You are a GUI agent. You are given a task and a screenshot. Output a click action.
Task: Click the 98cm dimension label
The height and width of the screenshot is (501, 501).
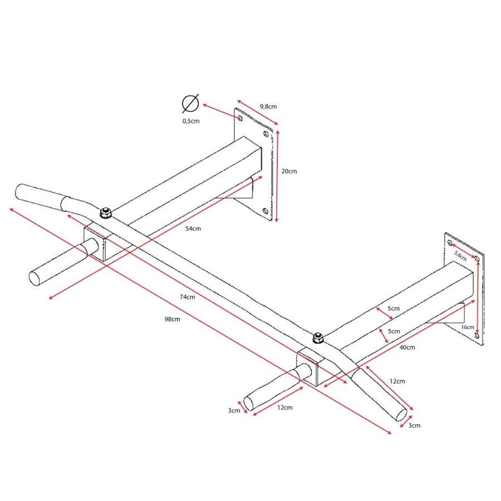pos(172,319)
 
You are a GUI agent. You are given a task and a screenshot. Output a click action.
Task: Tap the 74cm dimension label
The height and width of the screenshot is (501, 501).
pos(187,297)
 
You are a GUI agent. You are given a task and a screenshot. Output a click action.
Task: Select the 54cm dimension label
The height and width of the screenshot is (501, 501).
pos(193,228)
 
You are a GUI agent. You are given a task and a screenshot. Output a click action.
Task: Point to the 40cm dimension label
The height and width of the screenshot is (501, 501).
pos(407,347)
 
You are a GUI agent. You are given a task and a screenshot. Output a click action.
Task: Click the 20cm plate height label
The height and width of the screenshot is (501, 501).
pos(289,171)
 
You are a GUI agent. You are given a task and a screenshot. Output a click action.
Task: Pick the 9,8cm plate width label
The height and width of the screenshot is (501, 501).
pos(268,106)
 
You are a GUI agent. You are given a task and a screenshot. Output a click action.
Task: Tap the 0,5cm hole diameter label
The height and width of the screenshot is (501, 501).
pos(191,121)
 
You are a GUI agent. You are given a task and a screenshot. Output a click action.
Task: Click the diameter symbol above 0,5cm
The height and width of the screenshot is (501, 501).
pos(190,104)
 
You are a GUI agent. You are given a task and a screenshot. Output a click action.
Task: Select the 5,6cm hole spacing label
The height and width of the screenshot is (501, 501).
pos(460,256)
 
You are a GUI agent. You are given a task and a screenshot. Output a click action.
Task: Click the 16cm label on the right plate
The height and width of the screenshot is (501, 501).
pos(468,327)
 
